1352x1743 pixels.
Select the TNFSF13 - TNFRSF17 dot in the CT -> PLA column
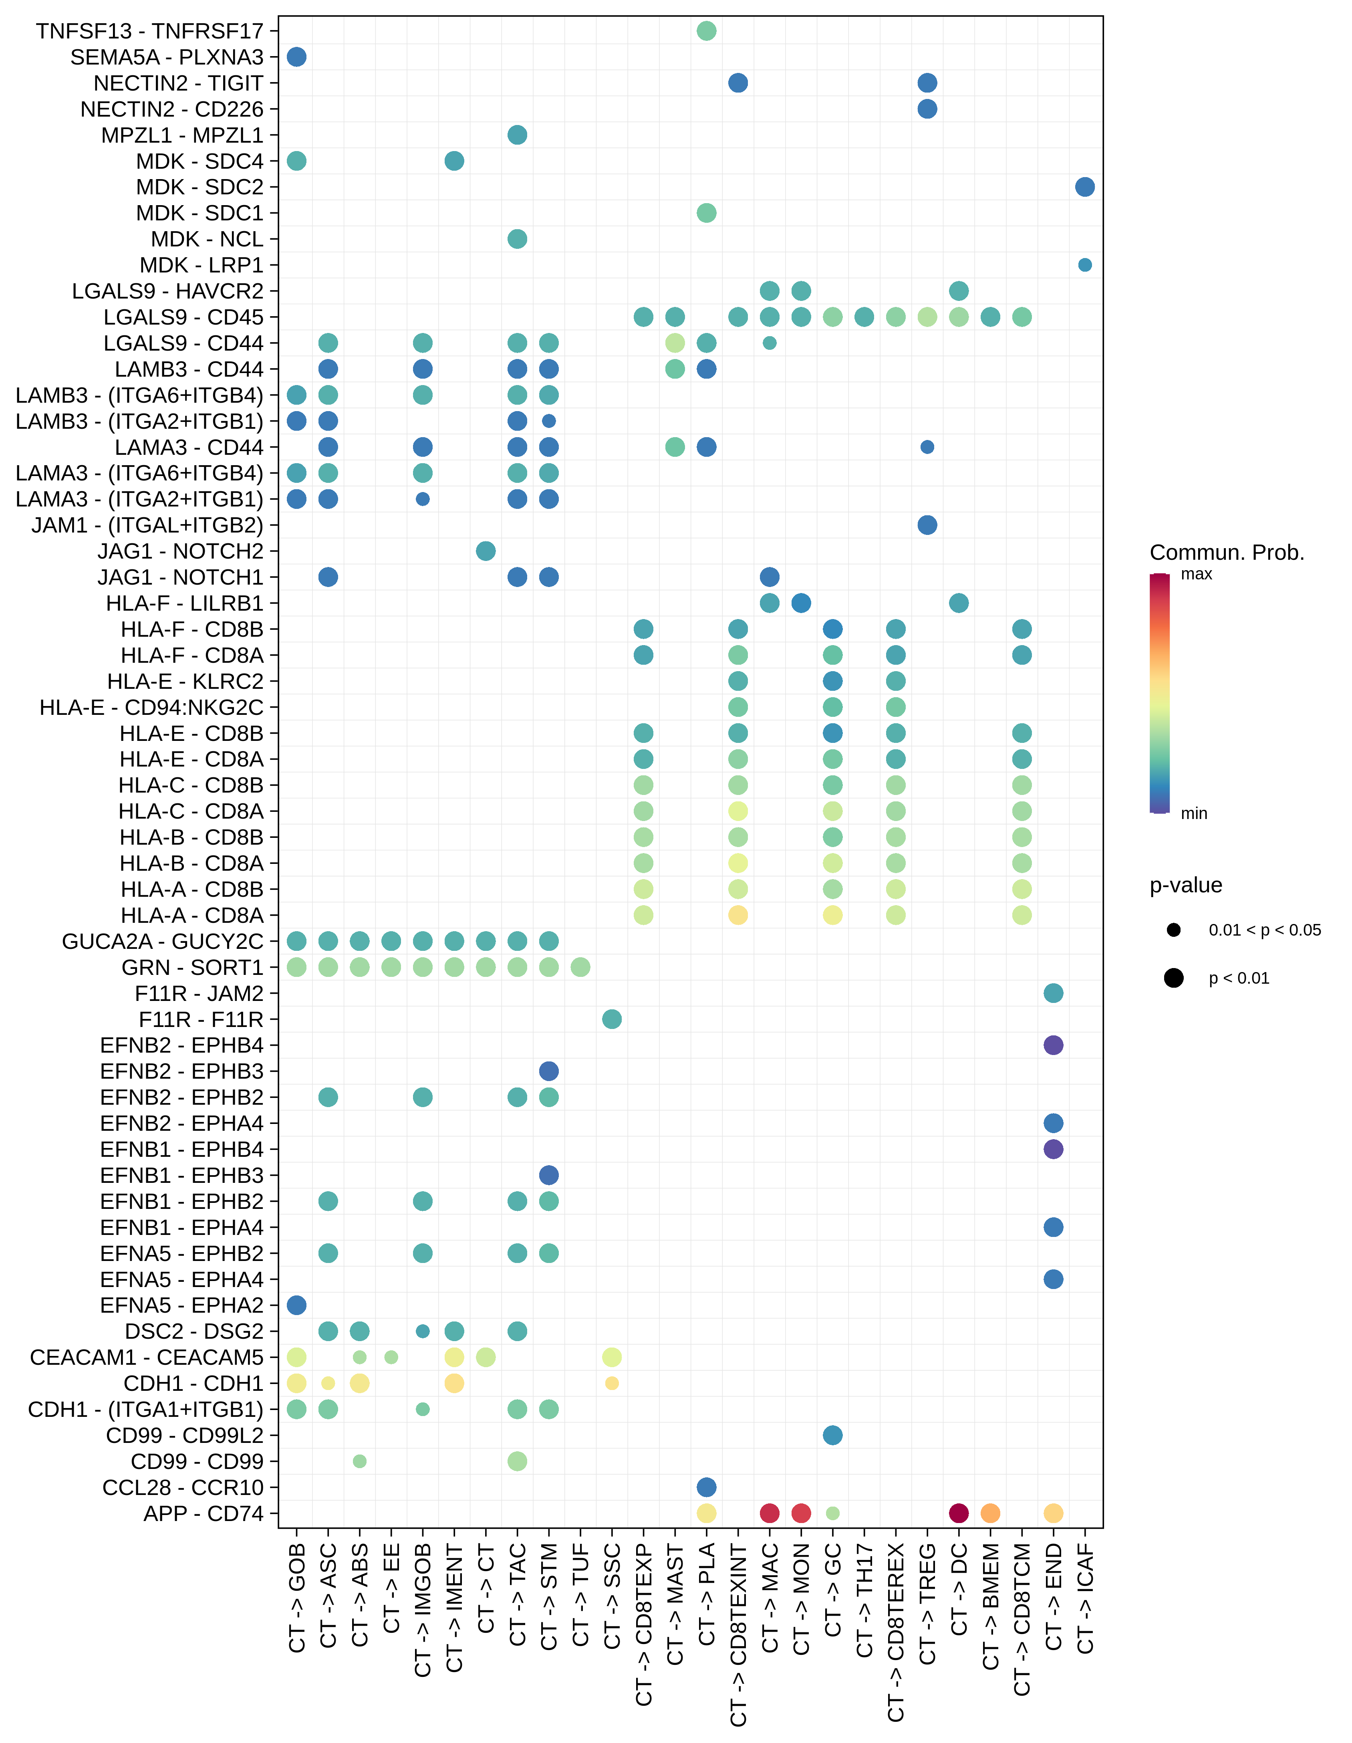coord(706,31)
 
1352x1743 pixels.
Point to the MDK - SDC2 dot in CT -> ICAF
coord(1085,187)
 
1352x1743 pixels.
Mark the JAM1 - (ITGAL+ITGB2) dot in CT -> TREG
coord(927,525)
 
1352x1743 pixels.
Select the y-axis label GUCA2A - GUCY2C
coord(163,942)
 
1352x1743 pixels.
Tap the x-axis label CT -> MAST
coord(675,1604)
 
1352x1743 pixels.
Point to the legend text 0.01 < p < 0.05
coord(1264,930)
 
